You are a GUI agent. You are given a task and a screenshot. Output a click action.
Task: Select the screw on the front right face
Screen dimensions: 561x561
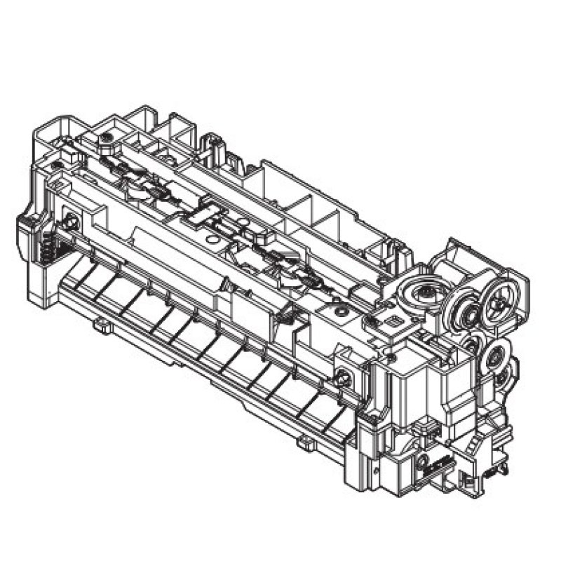coord(343,377)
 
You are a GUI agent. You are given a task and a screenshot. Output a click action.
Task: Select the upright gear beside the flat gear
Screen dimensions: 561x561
coord(464,306)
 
